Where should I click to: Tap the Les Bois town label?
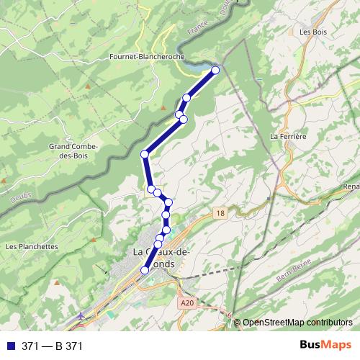[314, 32]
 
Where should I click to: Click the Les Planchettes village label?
[31, 246]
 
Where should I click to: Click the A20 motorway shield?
[189, 303]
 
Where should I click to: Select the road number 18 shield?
[220, 213]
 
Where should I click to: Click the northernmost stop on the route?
[215, 70]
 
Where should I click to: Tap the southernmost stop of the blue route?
[145, 270]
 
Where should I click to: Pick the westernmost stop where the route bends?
[145, 153]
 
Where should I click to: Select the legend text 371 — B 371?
[53, 346]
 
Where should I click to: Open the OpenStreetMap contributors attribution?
[297, 323]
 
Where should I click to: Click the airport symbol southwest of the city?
[81, 315]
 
